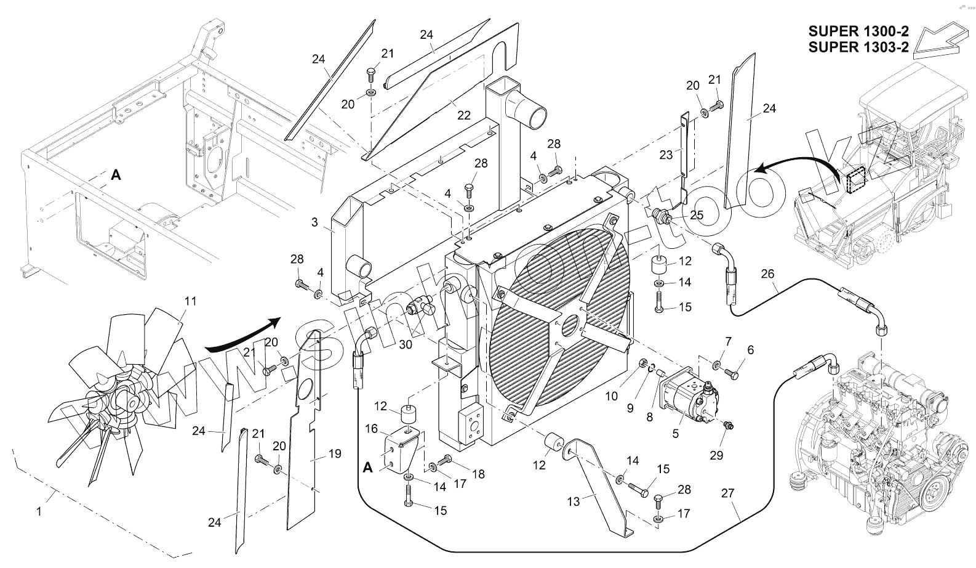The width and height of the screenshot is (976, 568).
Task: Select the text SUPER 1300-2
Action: point(858,31)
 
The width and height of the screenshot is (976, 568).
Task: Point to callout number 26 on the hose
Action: point(767,274)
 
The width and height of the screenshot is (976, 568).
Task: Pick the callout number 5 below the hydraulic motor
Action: point(676,433)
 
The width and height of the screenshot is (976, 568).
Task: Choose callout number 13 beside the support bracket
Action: point(574,501)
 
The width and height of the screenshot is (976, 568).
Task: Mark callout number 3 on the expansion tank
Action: point(314,222)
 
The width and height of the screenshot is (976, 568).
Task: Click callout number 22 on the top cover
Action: point(463,115)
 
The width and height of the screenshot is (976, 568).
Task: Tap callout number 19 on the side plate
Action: point(334,454)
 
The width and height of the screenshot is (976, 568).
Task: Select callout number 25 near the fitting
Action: point(697,215)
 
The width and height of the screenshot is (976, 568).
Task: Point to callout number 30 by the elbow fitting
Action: point(405,345)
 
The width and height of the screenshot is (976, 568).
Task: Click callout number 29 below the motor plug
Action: point(716,455)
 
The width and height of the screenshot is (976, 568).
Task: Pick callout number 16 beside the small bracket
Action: point(371,428)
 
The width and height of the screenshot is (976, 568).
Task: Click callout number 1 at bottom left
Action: point(39,511)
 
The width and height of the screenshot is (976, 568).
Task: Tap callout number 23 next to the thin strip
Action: point(666,155)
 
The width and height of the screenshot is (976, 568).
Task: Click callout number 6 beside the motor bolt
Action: point(750,349)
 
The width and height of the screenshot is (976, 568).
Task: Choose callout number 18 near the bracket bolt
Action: point(478,474)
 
